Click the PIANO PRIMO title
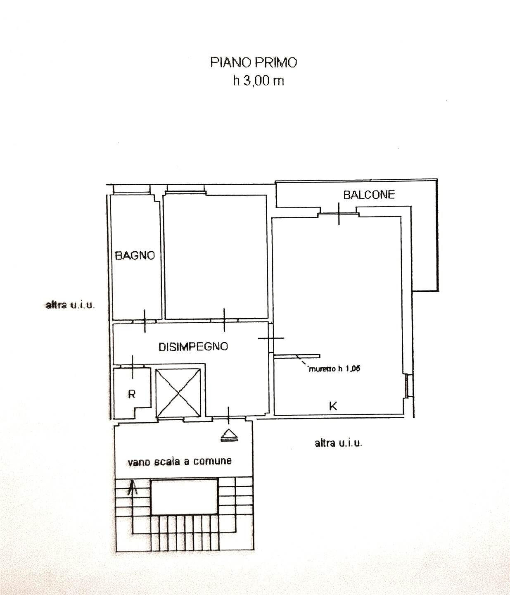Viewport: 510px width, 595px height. [x=254, y=62]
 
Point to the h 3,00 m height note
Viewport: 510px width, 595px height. [x=259, y=81]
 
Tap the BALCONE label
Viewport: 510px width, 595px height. [x=369, y=195]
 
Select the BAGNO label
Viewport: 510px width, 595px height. [x=135, y=255]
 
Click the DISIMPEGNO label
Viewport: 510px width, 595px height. [x=193, y=347]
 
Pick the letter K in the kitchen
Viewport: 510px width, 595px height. [x=333, y=406]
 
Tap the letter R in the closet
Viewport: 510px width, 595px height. [x=132, y=394]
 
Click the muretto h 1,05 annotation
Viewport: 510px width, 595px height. [x=334, y=369]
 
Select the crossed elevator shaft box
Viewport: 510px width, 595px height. [x=178, y=393]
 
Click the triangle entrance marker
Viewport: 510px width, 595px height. [x=229, y=435]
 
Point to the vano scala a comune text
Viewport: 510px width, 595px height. [x=180, y=462]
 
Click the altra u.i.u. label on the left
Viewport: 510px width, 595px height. [x=70, y=305]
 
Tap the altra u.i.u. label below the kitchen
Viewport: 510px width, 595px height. [x=338, y=443]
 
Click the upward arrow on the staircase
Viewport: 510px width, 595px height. [x=132, y=488]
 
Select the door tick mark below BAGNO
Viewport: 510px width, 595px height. [x=145, y=321]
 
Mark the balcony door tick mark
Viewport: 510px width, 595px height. [x=339, y=214]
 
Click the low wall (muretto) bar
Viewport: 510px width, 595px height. [x=297, y=356]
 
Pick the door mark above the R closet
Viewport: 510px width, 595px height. [x=132, y=367]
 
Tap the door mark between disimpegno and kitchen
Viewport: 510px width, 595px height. [x=270, y=338]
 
